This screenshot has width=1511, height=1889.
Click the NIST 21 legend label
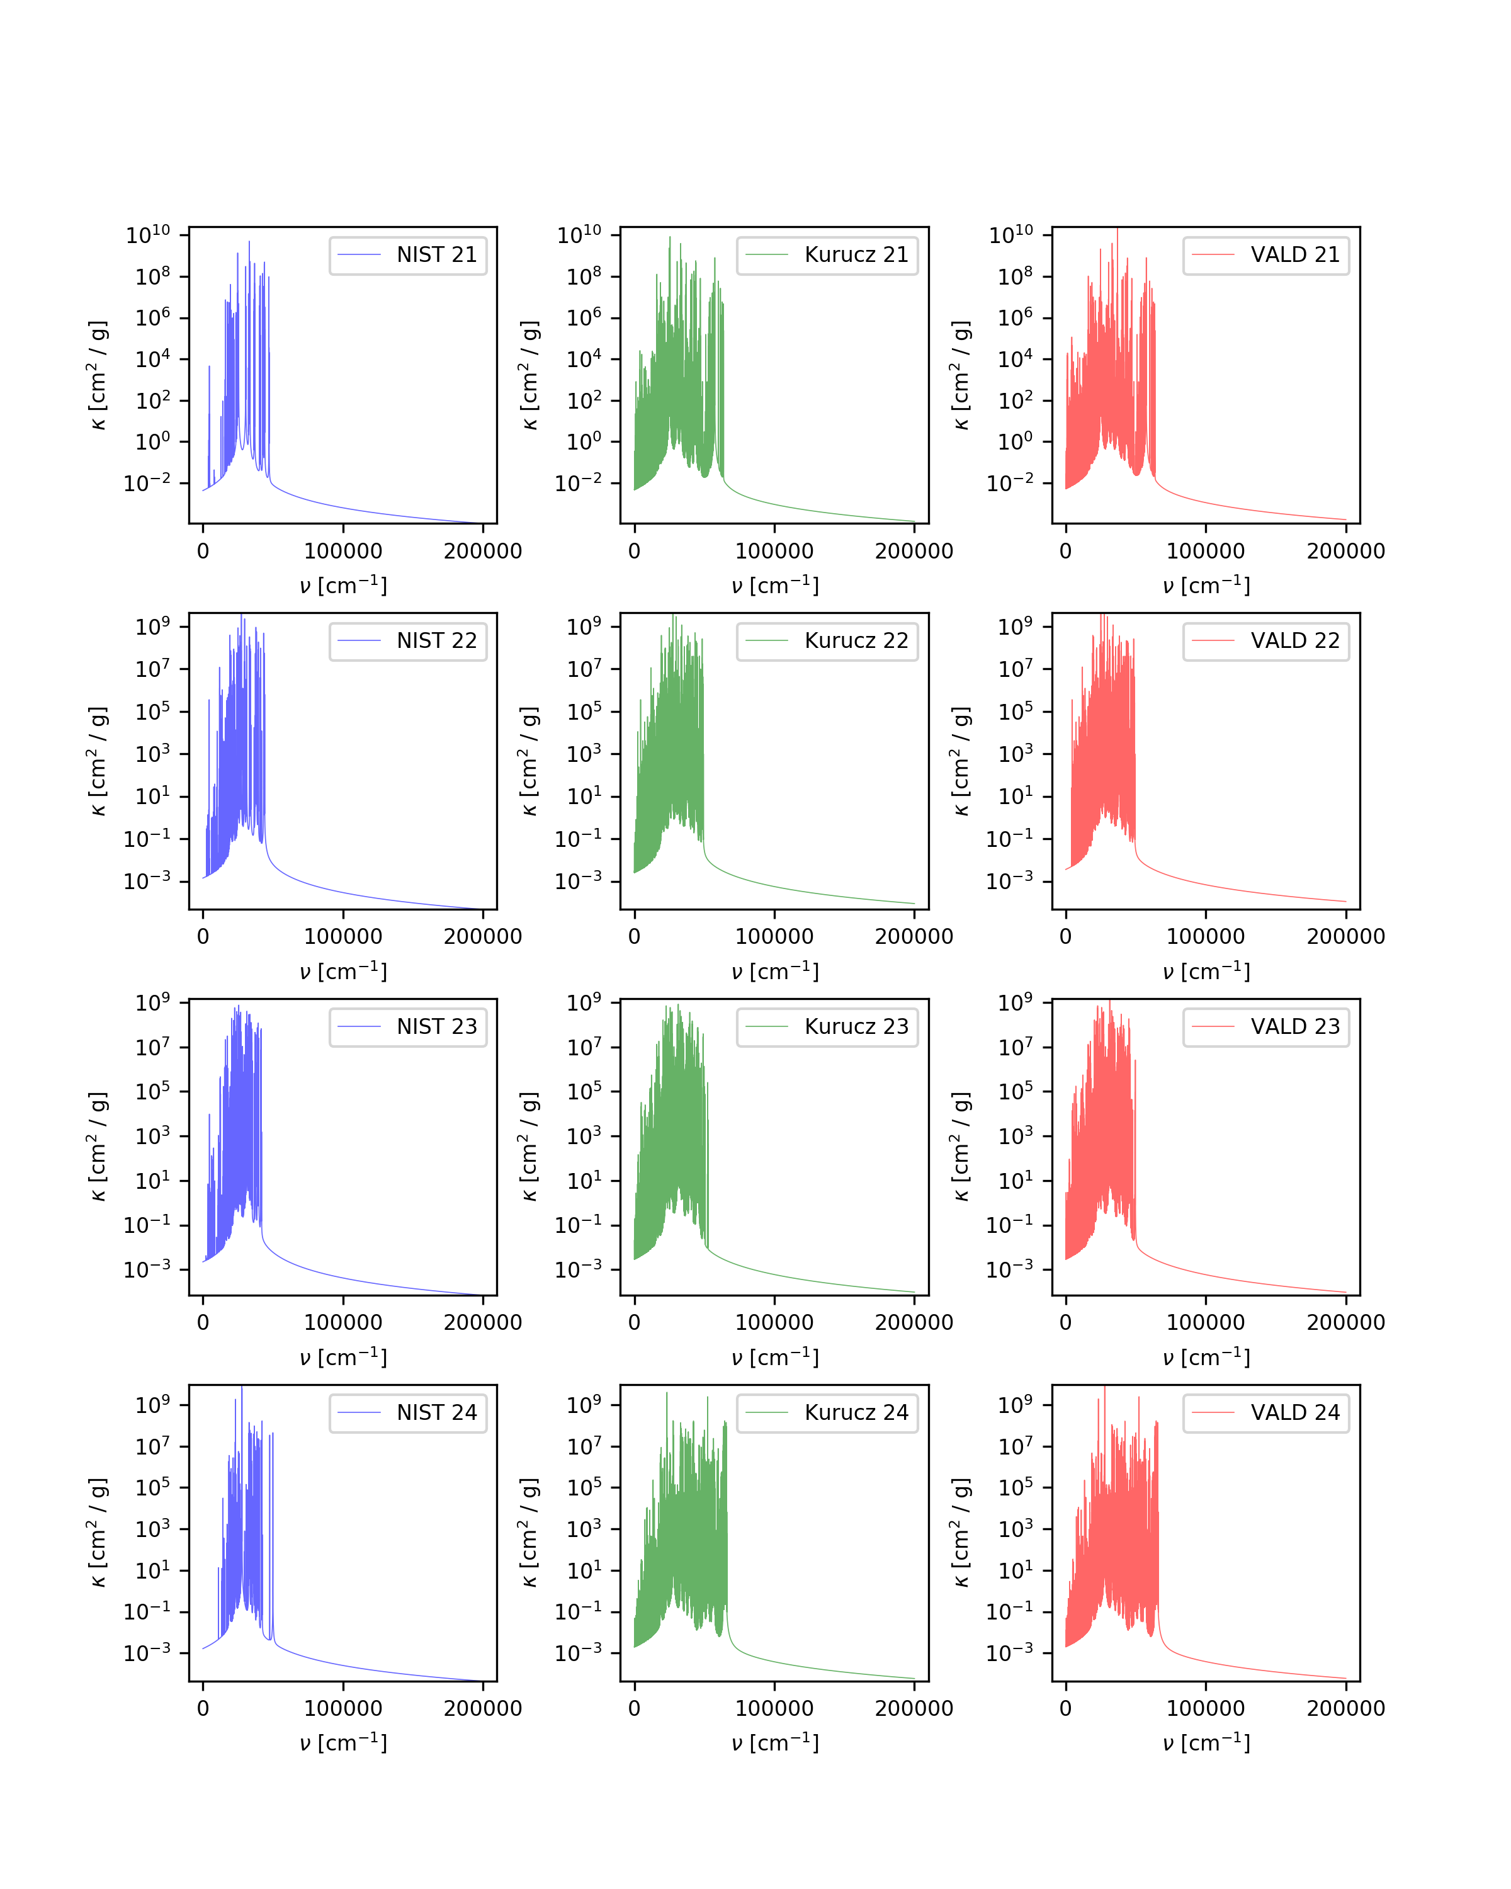(x=436, y=255)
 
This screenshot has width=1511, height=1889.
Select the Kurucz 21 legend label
(x=856, y=255)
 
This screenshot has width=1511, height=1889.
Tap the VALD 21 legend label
(x=1294, y=255)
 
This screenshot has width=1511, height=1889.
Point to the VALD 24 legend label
(x=1294, y=1412)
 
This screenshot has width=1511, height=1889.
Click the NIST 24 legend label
(x=436, y=1412)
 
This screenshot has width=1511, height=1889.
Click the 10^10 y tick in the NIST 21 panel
(x=148, y=234)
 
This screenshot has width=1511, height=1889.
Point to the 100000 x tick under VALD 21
(x=1205, y=551)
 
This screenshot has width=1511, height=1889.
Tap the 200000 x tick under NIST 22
(x=483, y=936)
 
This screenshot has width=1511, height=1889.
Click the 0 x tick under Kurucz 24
(x=634, y=1708)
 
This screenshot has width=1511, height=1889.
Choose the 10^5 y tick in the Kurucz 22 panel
(x=584, y=710)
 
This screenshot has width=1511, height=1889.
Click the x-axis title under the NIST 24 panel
(x=342, y=1743)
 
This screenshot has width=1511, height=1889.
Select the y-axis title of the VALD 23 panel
(x=961, y=1147)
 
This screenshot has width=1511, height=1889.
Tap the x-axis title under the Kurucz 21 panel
(x=774, y=585)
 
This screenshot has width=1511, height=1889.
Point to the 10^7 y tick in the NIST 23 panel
(x=152, y=1047)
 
